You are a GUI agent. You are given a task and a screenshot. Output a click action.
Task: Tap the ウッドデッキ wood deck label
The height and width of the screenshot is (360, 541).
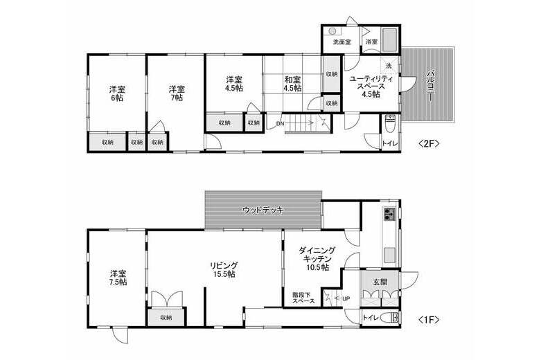pos(263,209)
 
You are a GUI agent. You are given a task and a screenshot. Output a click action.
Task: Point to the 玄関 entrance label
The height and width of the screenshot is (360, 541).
pos(380,282)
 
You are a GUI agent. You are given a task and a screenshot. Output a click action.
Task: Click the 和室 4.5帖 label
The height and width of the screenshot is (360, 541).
pos(292,84)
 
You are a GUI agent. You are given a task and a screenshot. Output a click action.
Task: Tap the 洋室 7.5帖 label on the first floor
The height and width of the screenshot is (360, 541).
pos(117,277)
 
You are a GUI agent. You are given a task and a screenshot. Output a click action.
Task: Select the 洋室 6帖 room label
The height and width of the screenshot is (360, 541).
pos(116,93)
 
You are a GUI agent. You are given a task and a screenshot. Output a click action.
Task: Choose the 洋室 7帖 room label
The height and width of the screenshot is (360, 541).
pos(176,93)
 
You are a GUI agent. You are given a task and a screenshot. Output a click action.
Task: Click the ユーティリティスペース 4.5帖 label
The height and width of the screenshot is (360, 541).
pos(371,87)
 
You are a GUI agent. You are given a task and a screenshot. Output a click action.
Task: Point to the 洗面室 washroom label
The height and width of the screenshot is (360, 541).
pos(342,42)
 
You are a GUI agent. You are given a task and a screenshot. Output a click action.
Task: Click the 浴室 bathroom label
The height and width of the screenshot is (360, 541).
pos(371,42)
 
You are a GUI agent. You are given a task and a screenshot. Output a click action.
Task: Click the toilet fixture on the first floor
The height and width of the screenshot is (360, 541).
pos(394,318)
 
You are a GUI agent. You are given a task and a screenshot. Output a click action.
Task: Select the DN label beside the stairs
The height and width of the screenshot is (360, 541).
pos(279,124)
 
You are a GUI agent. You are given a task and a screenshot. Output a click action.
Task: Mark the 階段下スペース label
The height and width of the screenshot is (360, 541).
pos(303,298)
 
